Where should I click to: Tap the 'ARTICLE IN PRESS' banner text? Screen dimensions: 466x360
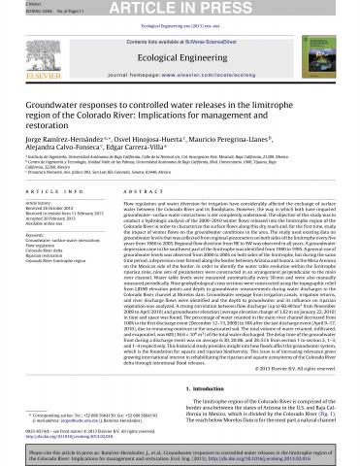click(180, 9)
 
